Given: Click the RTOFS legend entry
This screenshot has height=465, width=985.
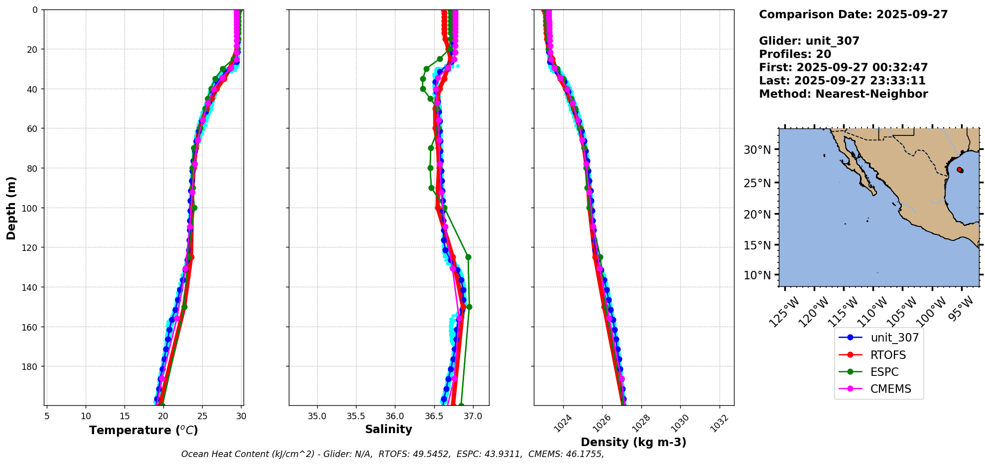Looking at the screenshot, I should coord(888,355).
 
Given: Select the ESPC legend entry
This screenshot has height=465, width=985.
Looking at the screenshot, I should coord(884,372).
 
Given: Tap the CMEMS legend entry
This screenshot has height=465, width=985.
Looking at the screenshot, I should coord(890,389).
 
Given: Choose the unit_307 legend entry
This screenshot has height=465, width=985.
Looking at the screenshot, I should coord(894,338).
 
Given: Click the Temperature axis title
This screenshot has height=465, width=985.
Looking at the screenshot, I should coord(143,430).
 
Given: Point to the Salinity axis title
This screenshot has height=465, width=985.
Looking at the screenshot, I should coord(388,429).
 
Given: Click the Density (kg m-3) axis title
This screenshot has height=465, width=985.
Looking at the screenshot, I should coord(633,442).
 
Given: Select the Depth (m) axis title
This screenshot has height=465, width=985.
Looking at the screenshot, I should coord(11,208).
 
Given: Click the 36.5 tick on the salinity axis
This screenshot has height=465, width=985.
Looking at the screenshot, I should coord(434,416).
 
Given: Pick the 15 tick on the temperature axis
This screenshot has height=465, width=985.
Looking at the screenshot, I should coord(124,416).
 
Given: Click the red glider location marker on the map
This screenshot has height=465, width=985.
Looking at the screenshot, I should coord(959,170).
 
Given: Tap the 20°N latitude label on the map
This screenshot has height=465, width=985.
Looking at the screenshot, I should coord(757,215).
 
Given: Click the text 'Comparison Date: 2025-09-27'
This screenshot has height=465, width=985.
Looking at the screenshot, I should coord(853,14).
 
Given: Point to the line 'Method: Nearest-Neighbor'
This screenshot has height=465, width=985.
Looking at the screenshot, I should coord(843,94).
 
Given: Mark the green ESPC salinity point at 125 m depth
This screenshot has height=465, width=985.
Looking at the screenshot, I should coord(468,257).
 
